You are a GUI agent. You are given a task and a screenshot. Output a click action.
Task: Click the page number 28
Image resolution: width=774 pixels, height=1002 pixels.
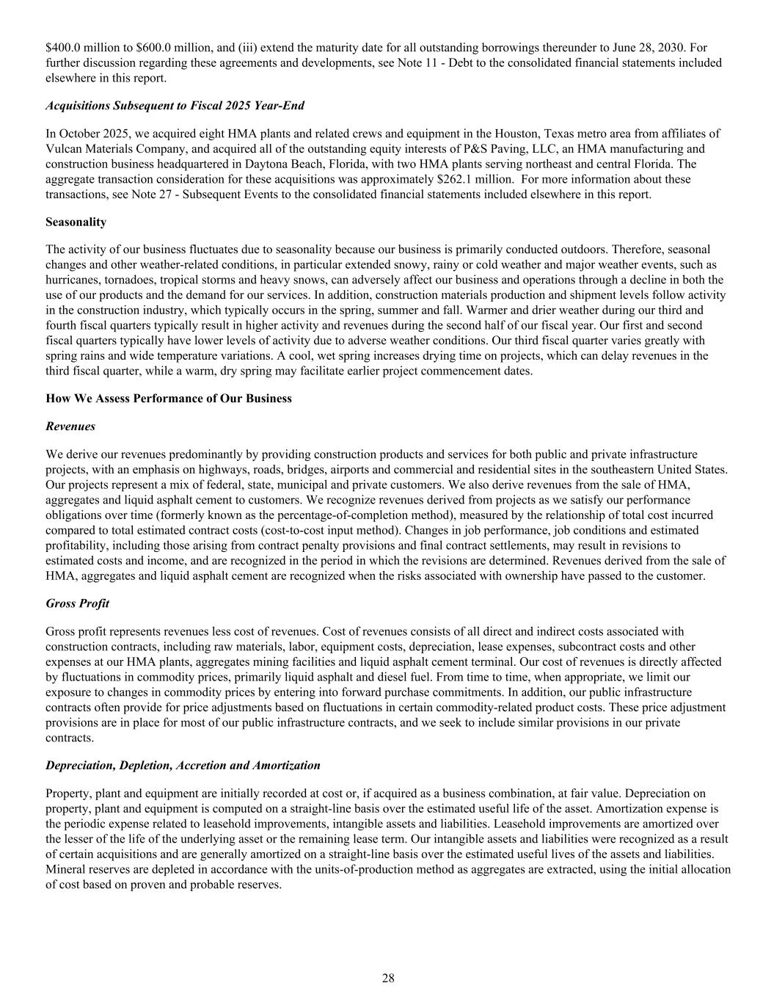click(x=388, y=978)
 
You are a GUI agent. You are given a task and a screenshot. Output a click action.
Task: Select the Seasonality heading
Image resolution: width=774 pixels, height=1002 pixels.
click(x=76, y=222)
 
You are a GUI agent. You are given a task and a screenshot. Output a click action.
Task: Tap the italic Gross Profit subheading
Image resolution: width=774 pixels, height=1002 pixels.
click(x=77, y=603)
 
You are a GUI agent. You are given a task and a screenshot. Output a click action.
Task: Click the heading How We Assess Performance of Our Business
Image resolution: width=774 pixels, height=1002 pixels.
click(x=168, y=399)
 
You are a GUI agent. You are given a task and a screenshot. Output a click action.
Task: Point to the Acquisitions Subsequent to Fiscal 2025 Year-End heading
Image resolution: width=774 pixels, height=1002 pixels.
click(x=175, y=106)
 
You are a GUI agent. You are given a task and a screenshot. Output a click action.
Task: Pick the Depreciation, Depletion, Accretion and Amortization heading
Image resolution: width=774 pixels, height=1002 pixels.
click(x=183, y=765)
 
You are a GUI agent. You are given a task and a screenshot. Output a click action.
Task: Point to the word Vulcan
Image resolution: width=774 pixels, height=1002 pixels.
click(x=64, y=149)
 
